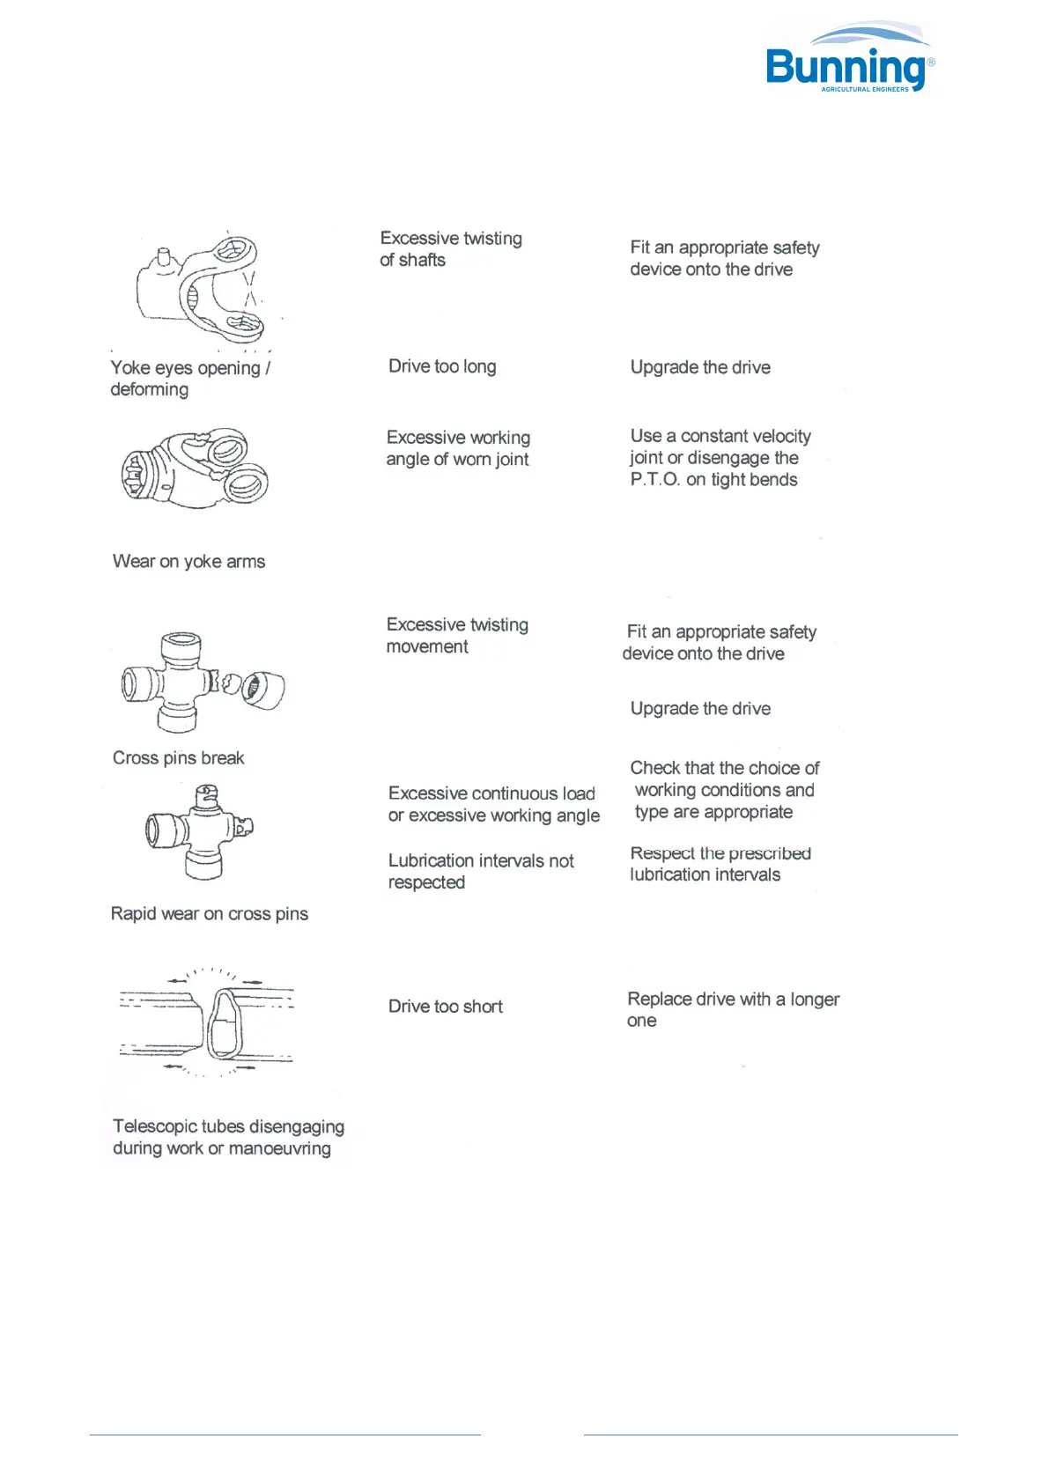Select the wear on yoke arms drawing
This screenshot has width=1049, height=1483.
[x=196, y=468]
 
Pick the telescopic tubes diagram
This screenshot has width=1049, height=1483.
[x=208, y=1022]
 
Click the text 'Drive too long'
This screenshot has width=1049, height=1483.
[x=442, y=366]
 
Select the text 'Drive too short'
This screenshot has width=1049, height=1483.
[x=445, y=1007]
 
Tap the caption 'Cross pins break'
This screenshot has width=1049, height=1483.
[x=178, y=758]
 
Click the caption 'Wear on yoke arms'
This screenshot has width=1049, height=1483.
[x=188, y=562]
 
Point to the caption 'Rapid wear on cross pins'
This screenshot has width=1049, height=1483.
[x=209, y=914]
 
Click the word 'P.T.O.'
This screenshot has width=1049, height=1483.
[x=655, y=480]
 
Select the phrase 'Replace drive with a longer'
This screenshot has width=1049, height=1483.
[x=733, y=1000]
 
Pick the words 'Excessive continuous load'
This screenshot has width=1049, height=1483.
[x=491, y=793]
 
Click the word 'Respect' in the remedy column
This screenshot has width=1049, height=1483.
[x=661, y=853]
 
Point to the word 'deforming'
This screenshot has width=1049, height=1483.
[x=149, y=389]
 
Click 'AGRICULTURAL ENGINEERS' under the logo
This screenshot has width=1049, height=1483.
[x=864, y=89]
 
